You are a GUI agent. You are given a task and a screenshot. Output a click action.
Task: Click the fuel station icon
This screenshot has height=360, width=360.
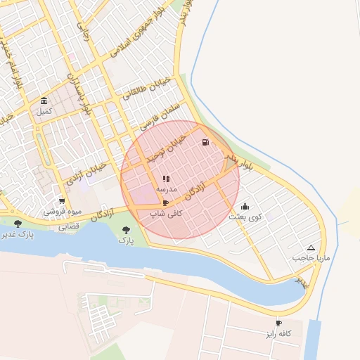(x=205, y=143)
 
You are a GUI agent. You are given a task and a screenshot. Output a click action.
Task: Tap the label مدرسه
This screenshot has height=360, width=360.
(x=167, y=190)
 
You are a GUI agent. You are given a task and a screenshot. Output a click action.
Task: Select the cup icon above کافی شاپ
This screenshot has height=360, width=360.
(x=165, y=202)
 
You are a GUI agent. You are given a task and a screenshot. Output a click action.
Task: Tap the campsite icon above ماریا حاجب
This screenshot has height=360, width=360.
(x=311, y=247)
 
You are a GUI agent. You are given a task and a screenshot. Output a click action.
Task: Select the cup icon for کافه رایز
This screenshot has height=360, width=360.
(x=279, y=323)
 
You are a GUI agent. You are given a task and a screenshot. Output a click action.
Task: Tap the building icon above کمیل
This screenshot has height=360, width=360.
(x=44, y=101)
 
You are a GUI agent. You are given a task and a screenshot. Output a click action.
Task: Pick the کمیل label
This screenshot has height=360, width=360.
(x=44, y=111)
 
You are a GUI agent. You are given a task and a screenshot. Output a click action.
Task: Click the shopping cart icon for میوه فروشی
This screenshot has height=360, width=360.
(x=62, y=200)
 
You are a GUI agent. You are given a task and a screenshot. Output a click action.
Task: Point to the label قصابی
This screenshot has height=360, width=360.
(x=68, y=226)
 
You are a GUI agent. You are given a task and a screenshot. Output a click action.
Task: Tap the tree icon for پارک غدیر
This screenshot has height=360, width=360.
(x=18, y=223)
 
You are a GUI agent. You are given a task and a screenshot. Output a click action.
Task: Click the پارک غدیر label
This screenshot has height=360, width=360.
(x=18, y=233)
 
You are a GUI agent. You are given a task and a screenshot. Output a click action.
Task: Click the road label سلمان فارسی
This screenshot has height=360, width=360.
(x=160, y=117)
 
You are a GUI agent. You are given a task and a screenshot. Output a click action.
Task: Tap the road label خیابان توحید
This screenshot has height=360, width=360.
(x=171, y=142)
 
